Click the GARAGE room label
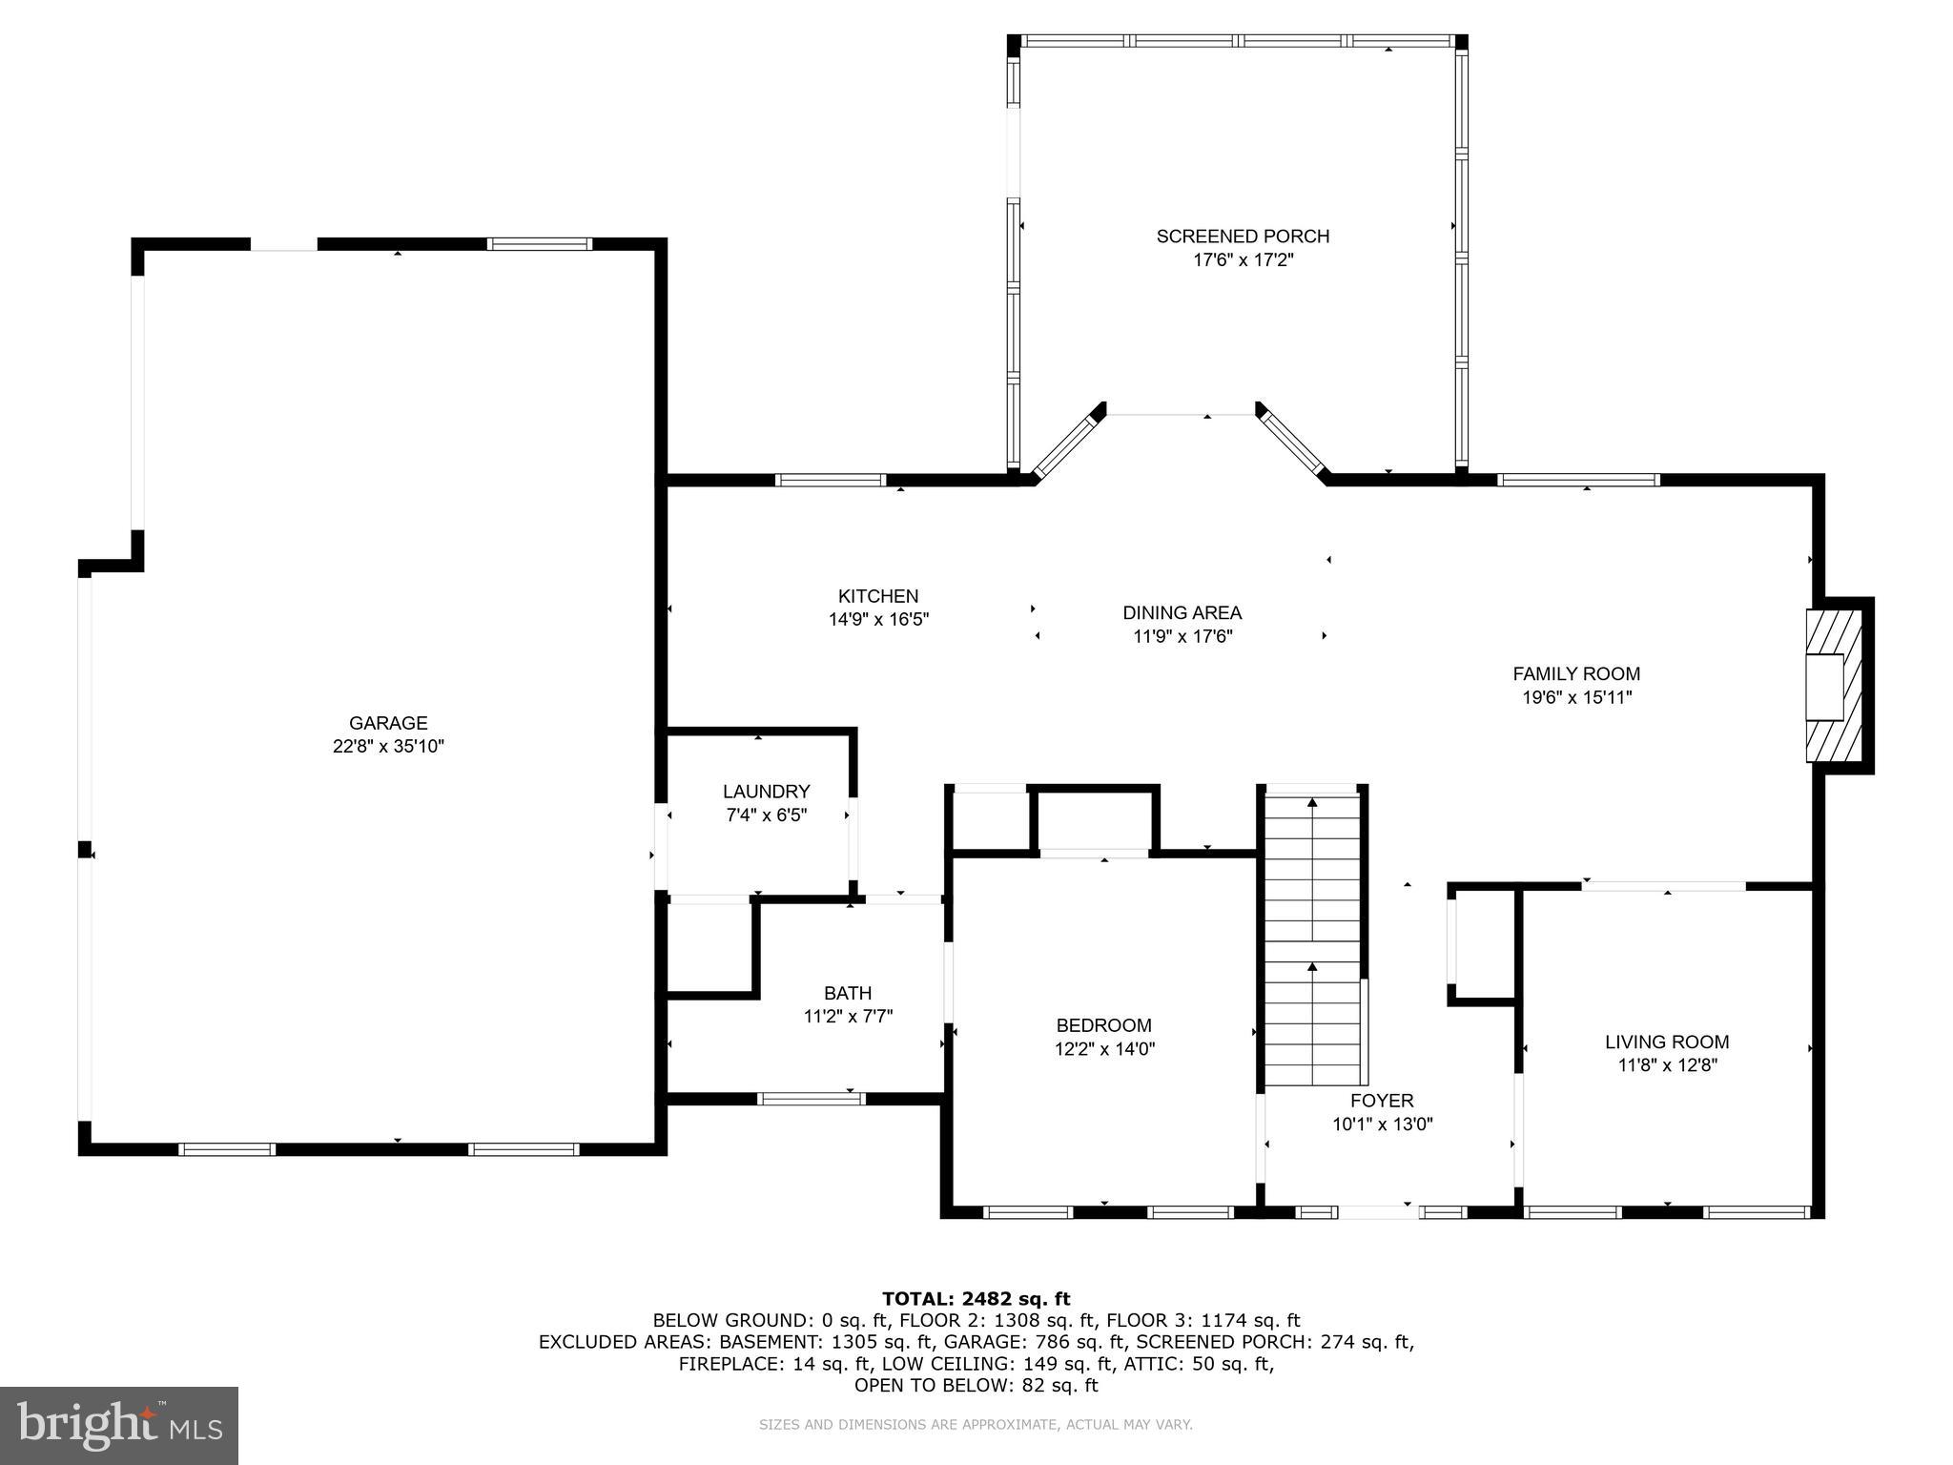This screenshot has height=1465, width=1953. [387, 723]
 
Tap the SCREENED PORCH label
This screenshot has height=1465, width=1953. [1243, 236]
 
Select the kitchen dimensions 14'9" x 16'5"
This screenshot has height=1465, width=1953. [878, 619]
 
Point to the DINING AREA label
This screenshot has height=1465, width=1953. [1182, 612]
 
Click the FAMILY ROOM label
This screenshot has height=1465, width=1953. [1576, 673]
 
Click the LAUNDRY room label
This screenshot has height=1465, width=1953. [766, 791]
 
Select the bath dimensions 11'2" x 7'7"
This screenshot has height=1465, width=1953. [848, 1017]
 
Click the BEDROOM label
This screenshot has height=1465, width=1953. [1103, 1025]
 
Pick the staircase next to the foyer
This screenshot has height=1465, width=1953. [1312, 939]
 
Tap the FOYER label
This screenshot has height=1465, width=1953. [1382, 1101]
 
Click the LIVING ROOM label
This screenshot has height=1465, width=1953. [1666, 1042]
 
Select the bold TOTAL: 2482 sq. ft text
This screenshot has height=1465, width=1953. [976, 1298]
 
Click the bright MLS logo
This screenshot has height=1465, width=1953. [118, 1425]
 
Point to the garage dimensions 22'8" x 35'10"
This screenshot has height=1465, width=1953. [388, 746]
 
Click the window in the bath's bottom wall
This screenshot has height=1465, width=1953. [811, 1099]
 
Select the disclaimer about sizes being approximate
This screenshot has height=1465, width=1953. [976, 1424]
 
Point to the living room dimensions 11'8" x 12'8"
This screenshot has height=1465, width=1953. [1667, 1065]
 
